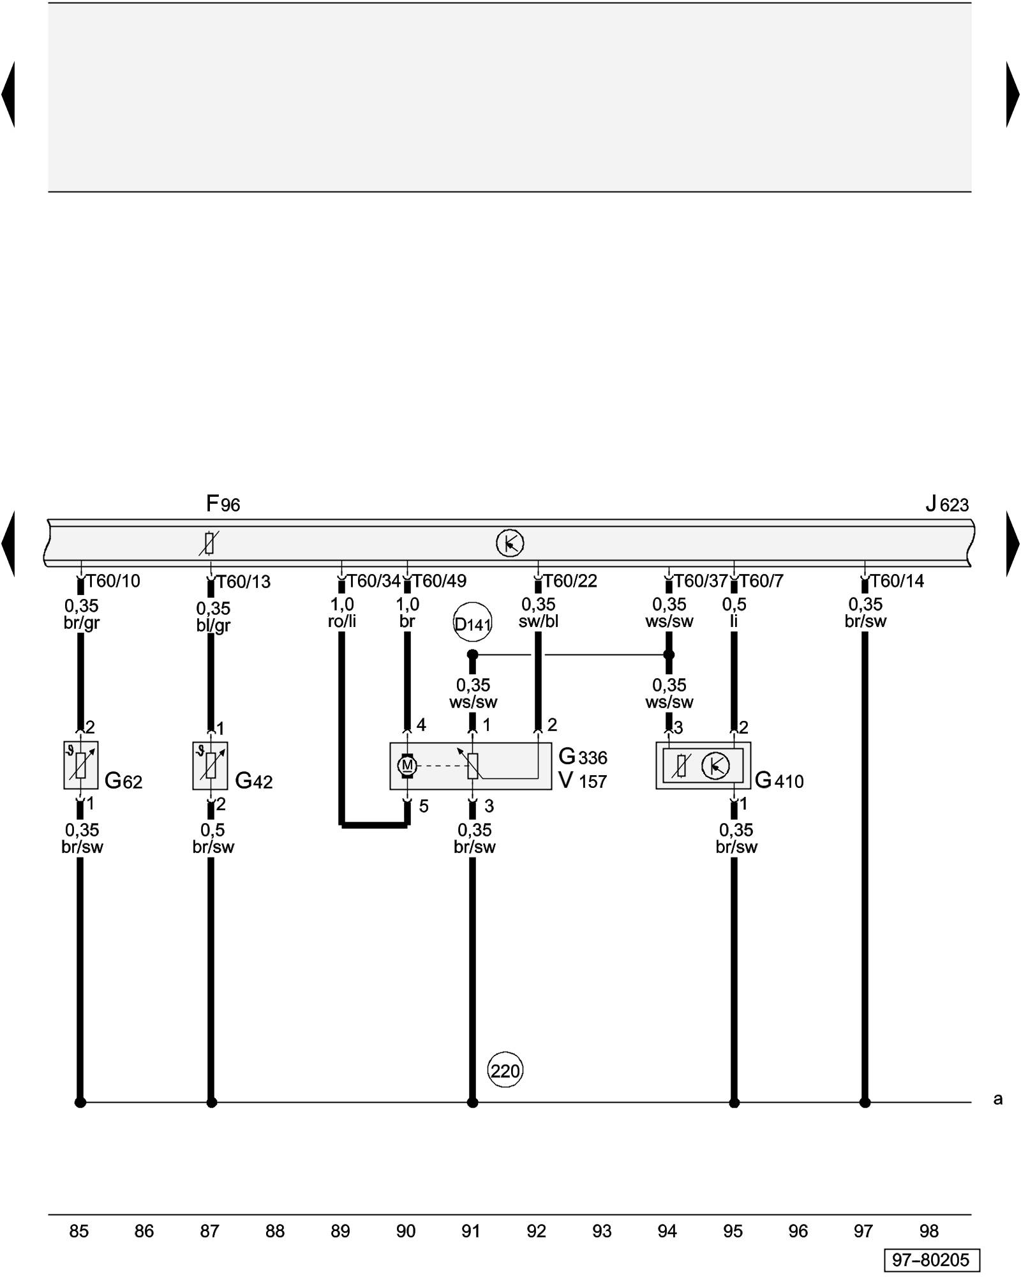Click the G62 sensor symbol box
[x=80, y=765]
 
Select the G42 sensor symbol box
[x=211, y=765]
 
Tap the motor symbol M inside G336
[x=407, y=765]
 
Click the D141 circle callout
[x=472, y=623]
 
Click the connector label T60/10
[x=113, y=581]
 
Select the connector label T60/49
[x=439, y=581]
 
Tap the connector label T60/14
[x=897, y=581]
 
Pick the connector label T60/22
[x=570, y=581]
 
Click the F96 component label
[x=223, y=504]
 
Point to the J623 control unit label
[x=947, y=504]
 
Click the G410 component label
[x=779, y=780]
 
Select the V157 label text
[x=583, y=781]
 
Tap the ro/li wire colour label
[x=342, y=621]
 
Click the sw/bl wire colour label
[x=539, y=621]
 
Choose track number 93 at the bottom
[x=602, y=1230]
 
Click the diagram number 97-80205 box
[x=931, y=1260]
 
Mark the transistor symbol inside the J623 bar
[x=510, y=543]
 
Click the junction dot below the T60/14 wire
[x=865, y=1102]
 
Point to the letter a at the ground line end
[x=998, y=1099]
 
